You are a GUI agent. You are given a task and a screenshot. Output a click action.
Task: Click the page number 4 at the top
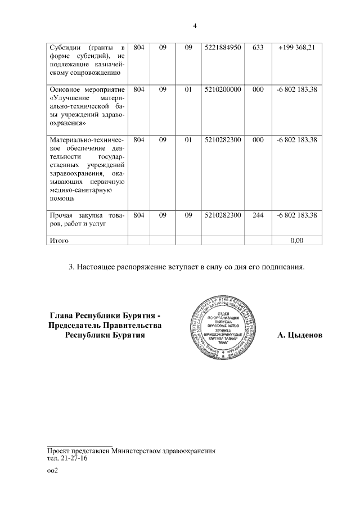tap(195, 25)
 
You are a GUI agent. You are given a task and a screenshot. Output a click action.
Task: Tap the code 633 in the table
tap(258, 48)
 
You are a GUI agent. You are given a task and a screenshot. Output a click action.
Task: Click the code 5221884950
tap(223, 48)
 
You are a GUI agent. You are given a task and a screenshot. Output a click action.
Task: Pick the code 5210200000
tap(223, 89)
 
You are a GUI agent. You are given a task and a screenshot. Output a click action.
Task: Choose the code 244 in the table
tap(258, 215)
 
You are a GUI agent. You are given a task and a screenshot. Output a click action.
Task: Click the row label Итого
tap(59, 240)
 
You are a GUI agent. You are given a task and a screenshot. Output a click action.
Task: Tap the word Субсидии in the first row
tap(66, 48)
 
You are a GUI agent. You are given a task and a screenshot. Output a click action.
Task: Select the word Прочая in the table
tap(63, 215)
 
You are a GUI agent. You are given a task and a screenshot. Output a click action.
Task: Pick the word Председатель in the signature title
tap(83, 326)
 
